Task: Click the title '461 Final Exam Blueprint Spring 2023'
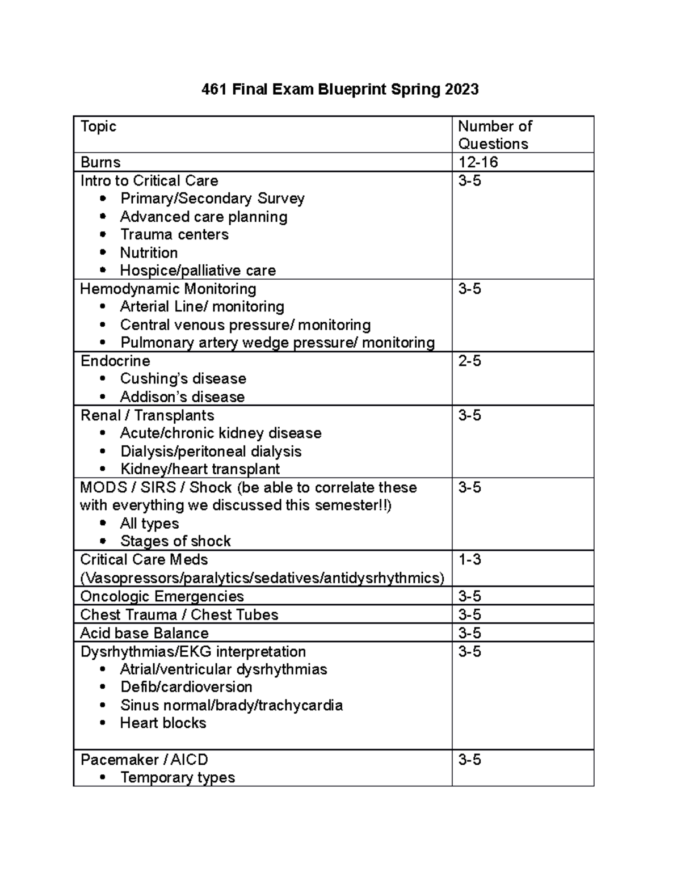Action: click(340, 90)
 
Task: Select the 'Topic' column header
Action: click(98, 127)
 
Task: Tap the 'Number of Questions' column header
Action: click(494, 135)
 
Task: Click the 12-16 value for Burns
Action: click(478, 162)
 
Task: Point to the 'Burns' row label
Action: click(100, 162)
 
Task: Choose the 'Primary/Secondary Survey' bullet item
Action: click(212, 199)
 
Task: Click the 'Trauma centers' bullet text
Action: click(174, 234)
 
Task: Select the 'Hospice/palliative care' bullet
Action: click(197, 271)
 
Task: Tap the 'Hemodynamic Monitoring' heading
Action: click(168, 289)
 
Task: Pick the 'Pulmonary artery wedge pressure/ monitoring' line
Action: click(278, 343)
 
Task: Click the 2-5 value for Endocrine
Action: click(469, 361)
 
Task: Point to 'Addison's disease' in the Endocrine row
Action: click(182, 397)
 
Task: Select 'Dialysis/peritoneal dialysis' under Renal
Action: click(211, 451)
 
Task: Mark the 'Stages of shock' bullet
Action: click(175, 541)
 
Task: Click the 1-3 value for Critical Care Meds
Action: click(469, 560)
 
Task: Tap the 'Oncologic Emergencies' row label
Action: click(162, 596)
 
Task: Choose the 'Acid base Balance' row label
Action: click(144, 633)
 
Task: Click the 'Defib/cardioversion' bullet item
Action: click(186, 687)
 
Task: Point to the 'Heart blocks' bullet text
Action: click(163, 723)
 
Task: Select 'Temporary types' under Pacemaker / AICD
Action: click(178, 777)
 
